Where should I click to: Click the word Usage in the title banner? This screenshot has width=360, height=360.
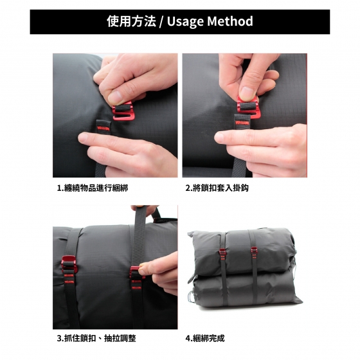tap(186, 22)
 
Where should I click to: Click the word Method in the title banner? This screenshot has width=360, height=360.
tap(230, 21)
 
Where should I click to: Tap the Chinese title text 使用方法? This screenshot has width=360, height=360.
tap(132, 21)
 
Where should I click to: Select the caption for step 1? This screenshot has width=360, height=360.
tap(93, 188)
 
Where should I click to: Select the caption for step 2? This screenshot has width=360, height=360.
tap(217, 188)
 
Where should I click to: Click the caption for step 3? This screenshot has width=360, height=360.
tap(96, 338)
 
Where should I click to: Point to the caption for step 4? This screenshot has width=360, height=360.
tap(205, 338)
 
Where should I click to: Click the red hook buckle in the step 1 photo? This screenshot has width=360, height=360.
tap(122, 110)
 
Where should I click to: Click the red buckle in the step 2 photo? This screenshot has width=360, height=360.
tap(248, 107)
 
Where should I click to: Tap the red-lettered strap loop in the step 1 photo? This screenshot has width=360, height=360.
tap(104, 126)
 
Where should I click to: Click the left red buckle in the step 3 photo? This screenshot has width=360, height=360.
tap(68, 264)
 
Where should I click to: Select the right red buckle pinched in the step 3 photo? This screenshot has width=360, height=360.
tap(136, 272)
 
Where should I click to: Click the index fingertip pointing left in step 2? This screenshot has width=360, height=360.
tap(220, 138)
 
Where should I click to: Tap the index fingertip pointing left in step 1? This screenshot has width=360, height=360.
tap(83, 138)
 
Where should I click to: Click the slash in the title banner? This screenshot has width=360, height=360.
tap(161, 22)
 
